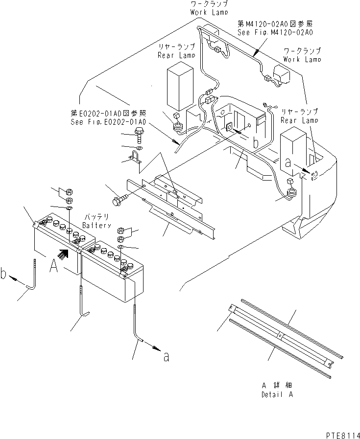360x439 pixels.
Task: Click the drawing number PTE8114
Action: (341, 433)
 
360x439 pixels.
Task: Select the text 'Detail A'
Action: (278, 394)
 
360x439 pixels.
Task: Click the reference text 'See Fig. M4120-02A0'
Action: (275, 32)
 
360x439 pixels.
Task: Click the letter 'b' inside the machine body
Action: (256, 142)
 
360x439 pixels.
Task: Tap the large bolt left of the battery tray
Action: (120, 199)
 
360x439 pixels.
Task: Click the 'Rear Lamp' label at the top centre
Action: (176, 51)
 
